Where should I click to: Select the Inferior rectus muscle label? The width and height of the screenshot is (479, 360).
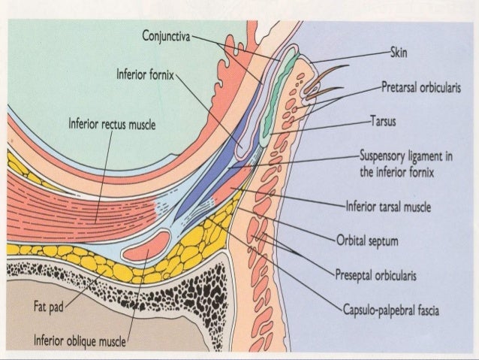(111, 124)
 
